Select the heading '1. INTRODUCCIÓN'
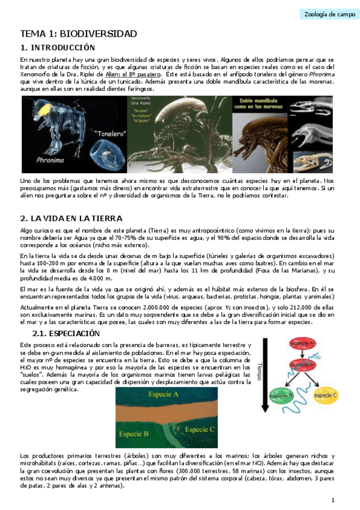(x=58, y=47)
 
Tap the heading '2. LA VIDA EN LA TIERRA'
(x=71, y=218)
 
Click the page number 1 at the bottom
(x=332, y=500)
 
